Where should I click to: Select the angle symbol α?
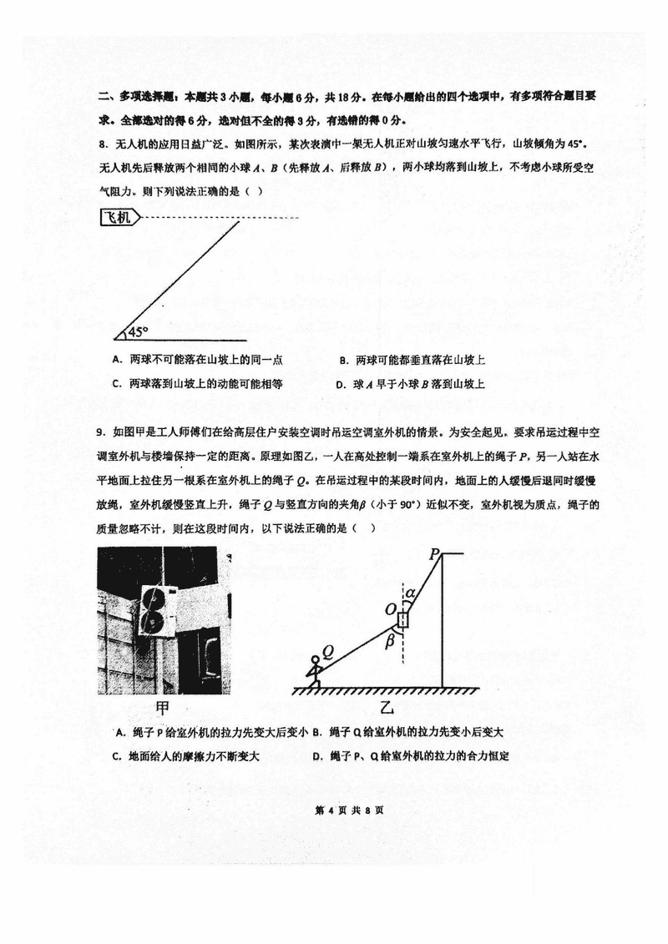click(x=410, y=593)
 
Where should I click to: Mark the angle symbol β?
click(x=390, y=641)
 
